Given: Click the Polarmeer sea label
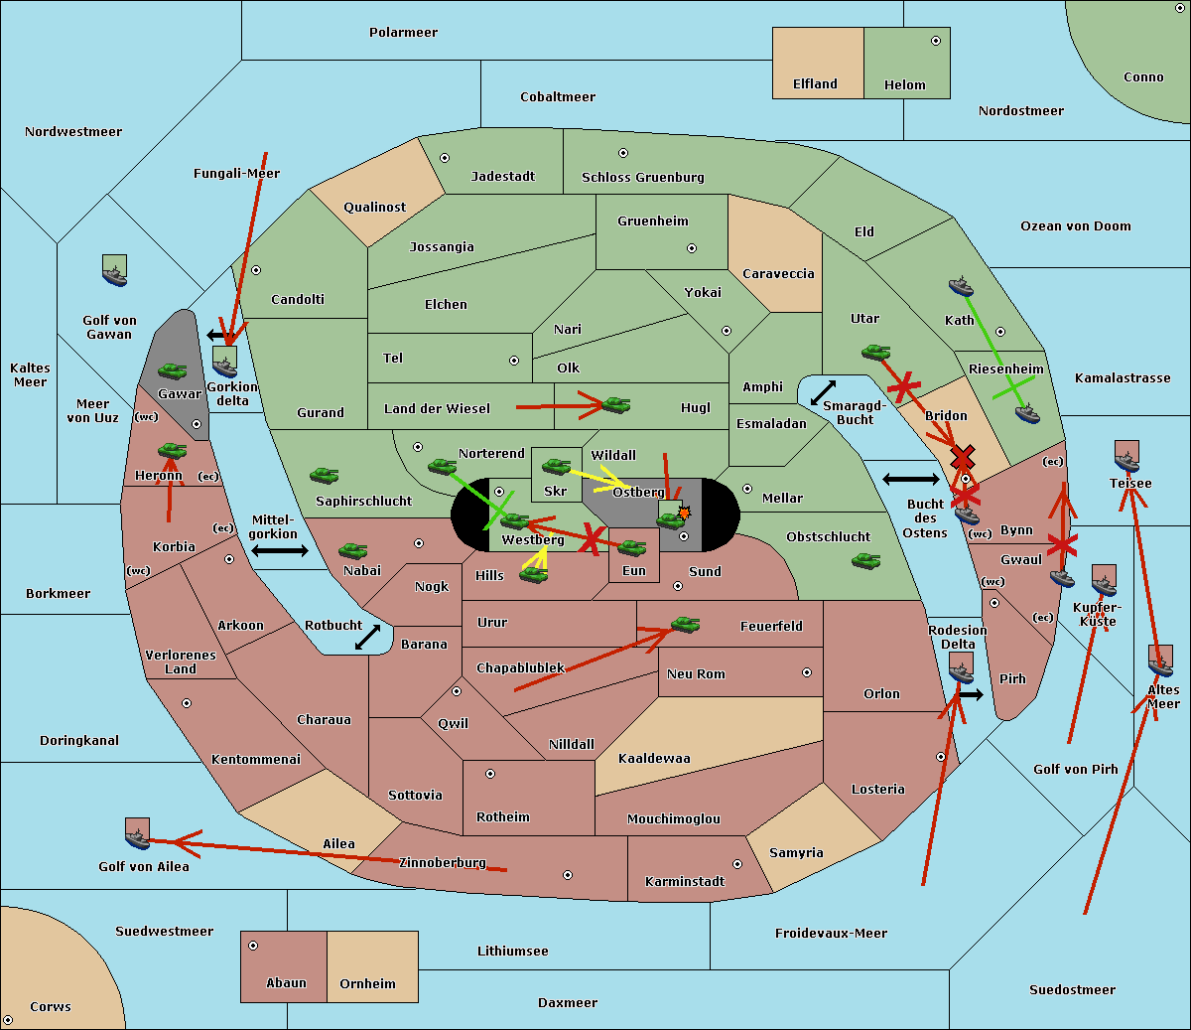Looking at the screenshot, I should click(403, 33).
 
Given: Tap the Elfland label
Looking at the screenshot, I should click(815, 84).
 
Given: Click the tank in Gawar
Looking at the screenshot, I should click(172, 371).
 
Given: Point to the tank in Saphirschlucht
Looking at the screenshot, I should click(324, 477).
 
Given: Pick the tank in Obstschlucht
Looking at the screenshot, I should click(865, 561).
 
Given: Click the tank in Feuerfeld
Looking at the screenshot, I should click(685, 625).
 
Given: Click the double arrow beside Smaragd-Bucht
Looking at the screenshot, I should click(823, 393).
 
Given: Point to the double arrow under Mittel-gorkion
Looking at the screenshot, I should click(279, 551).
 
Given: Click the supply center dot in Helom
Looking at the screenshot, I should click(935, 41).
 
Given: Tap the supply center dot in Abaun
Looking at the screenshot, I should click(253, 946).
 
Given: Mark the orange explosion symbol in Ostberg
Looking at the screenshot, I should click(683, 513).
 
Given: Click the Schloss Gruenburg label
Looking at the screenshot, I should click(642, 178).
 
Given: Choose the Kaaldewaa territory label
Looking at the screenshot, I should click(654, 759).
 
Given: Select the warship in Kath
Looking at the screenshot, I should click(961, 287).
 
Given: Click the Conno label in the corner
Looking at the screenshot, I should click(1143, 77).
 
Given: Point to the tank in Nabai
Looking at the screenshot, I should click(352, 550).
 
